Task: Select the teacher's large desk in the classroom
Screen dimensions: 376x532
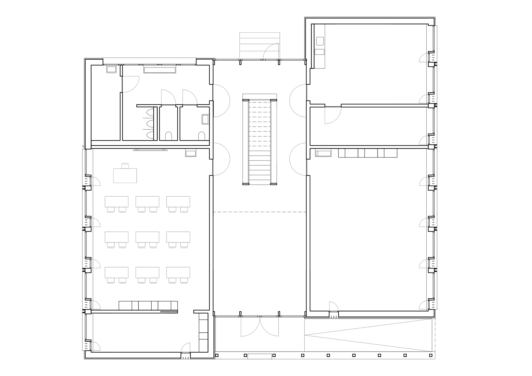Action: tap(125, 176)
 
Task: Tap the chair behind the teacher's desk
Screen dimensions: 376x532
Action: tap(125, 166)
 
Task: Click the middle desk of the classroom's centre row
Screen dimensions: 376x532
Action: tap(147, 237)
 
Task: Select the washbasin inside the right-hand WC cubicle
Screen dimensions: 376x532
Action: tap(205, 119)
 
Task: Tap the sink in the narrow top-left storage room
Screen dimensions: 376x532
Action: tap(111, 69)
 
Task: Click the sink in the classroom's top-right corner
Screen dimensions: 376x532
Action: tap(191, 153)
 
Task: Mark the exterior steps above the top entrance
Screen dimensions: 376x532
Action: tap(260, 45)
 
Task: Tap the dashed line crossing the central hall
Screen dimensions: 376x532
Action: tap(260, 212)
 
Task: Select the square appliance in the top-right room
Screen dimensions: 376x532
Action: tap(320, 41)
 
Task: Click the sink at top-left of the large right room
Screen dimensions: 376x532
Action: tap(323, 153)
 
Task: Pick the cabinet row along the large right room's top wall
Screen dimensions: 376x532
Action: tap(368, 153)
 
